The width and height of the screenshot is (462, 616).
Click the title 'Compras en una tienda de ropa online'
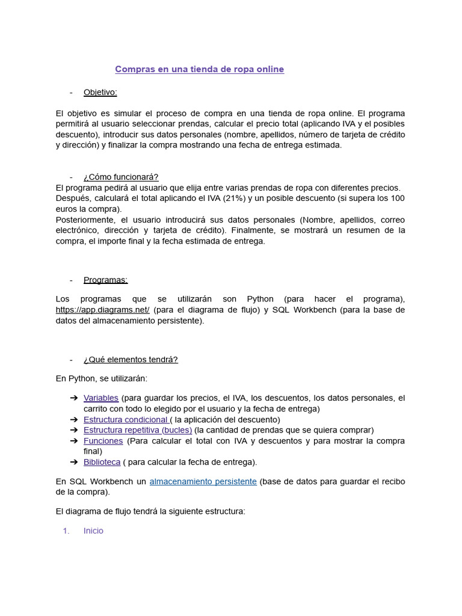click(199, 69)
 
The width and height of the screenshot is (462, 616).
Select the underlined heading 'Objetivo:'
click(100, 92)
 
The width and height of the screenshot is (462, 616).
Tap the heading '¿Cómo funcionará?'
click(121, 177)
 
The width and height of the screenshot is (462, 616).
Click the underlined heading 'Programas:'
click(105, 280)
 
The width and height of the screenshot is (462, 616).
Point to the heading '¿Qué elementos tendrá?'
click(131, 360)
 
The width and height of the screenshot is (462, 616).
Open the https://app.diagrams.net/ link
click(102, 310)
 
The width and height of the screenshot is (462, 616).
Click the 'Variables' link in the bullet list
click(101, 398)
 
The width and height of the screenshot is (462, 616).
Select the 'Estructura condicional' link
click(125, 419)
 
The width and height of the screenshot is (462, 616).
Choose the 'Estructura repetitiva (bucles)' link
click(138, 430)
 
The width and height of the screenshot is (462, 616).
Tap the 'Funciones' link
click(103, 441)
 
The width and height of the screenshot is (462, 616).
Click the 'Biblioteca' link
click(102, 462)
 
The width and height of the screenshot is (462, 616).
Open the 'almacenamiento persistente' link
click(203, 481)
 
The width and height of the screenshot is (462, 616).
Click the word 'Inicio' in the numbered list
click(93, 531)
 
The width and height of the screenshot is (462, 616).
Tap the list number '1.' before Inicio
click(66, 531)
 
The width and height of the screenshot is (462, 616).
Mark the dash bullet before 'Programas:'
click(71, 280)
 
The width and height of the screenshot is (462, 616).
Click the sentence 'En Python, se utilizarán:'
click(101, 378)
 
